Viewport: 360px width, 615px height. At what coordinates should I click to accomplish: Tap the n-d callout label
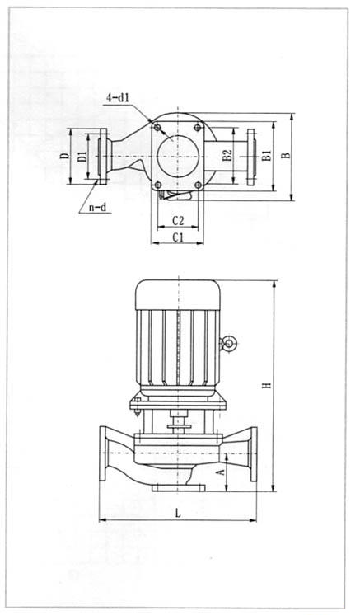[98, 207]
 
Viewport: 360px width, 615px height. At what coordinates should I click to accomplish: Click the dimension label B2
[228, 154]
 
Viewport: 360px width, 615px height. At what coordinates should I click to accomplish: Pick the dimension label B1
[265, 154]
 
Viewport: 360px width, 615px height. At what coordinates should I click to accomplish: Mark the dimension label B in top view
[285, 154]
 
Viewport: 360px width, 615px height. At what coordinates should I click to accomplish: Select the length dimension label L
[178, 512]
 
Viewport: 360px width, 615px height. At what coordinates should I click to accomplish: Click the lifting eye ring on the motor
[230, 344]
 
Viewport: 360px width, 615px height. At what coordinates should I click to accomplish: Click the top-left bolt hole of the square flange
[157, 129]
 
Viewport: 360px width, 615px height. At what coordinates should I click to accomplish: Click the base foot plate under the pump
[179, 488]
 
